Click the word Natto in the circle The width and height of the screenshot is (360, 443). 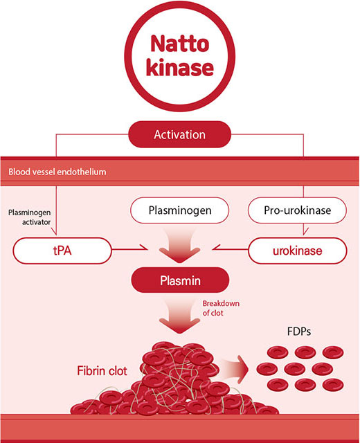pyautogui.click(x=180, y=44)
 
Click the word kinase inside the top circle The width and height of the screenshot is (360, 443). pyautogui.click(x=180, y=67)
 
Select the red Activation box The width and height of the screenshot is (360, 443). pyautogui.click(x=180, y=134)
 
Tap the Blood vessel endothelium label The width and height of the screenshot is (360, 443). pyautogui.click(x=57, y=172)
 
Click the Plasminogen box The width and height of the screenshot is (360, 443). pyautogui.click(x=180, y=210)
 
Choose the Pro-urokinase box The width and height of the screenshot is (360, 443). pyautogui.click(x=297, y=210)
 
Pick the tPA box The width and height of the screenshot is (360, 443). pyautogui.click(x=62, y=251)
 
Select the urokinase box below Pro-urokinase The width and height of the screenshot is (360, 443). pyautogui.click(x=297, y=251)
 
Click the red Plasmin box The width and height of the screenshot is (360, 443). pyautogui.click(x=180, y=280)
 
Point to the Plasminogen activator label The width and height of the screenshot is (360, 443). pyautogui.click(x=29, y=217)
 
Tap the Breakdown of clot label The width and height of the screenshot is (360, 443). pyautogui.click(x=221, y=308)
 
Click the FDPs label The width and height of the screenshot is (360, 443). pyautogui.click(x=299, y=332)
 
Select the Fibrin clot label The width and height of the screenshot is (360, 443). pyautogui.click(x=102, y=371)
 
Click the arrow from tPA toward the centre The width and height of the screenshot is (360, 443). pyautogui.click(x=129, y=249)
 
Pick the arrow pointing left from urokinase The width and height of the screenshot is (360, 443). pyautogui.click(x=230, y=249)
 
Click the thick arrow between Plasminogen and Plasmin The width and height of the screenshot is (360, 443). pyautogui.click(x=180, y=245)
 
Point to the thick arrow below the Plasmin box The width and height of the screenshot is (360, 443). pyautogui.click(x=180, y=316)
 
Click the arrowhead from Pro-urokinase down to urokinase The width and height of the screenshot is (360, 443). pyautogui.click(x=304, y=231)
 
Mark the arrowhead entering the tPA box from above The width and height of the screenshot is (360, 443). pyautogui.click(x=55, y=232)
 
